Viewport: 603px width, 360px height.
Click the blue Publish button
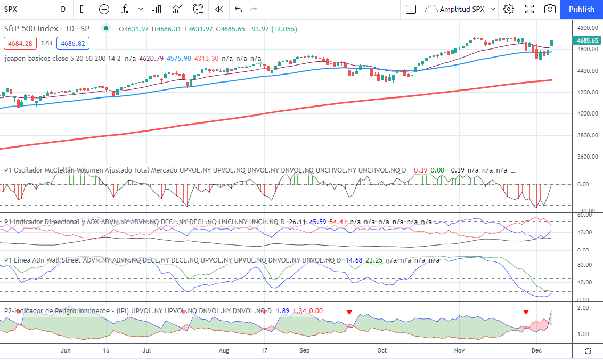(581, 9)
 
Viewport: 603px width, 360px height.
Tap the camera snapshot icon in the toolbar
(550, 9)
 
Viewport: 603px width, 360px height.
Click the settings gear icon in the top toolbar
(509, 9)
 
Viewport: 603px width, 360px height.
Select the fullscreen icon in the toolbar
(529, 9)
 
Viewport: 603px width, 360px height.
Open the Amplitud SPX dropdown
(461, 9)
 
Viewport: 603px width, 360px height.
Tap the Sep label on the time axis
(305, 351)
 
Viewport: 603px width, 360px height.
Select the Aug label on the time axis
(224, 351)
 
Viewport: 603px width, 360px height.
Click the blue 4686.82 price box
(73, 44)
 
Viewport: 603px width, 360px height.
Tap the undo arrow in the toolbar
(238, 9)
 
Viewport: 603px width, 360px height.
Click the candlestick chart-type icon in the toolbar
(83, 9)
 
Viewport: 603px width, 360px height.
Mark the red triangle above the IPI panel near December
(526, 312)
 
